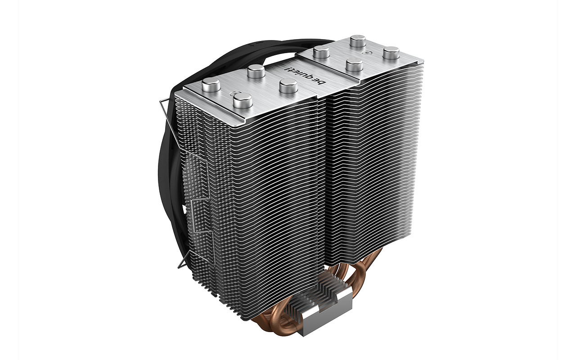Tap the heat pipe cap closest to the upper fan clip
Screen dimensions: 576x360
(x=211, y=85)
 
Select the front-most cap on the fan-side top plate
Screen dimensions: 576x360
(x=242, y=101)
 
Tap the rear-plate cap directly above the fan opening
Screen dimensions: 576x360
(x=321, y=53)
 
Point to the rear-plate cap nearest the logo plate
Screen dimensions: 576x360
(x=354, y=65)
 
